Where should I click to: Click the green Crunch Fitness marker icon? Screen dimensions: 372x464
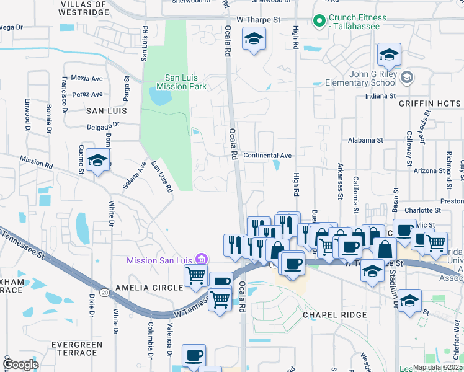coord(320,21)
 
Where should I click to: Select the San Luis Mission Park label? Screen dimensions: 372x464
coord(181,82)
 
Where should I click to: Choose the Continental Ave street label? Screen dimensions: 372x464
coord(267,155)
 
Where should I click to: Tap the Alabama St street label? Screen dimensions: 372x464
coord(365,140)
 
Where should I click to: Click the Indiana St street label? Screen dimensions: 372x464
coord(380,96)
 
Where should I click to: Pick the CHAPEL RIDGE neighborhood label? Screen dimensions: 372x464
coord(335,315)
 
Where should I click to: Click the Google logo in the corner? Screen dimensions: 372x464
coord(20,365)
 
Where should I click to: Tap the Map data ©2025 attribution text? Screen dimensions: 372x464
coord(438,367)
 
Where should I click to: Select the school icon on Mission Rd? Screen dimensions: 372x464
coord(97,161)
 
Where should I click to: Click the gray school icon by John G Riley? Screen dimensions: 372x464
coord(407,77)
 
